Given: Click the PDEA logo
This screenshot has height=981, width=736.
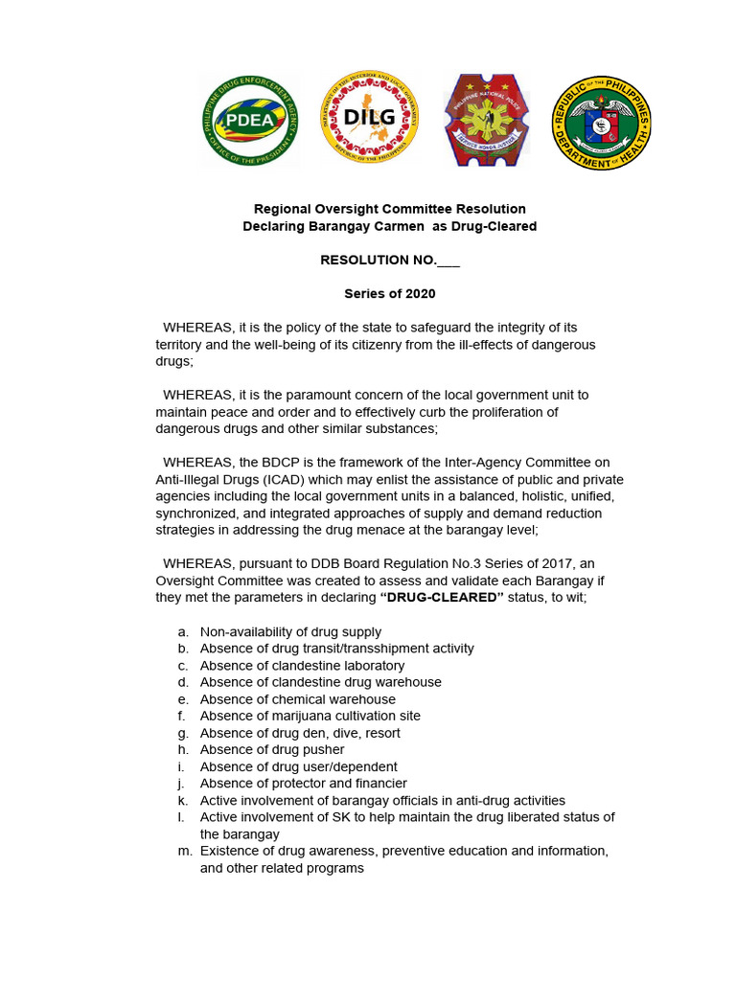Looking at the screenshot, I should point(250,121).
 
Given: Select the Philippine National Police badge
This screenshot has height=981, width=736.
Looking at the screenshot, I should point(486,121).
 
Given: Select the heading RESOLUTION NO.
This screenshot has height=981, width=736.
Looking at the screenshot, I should point(378,261).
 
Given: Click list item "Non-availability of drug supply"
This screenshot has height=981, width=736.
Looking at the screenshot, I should point(290,631).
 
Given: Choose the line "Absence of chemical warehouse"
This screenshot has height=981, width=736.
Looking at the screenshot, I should point(297,699).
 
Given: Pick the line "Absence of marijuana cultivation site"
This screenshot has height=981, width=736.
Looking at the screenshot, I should point(310,716).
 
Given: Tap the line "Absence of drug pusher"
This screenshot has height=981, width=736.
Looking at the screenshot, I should point(272,749).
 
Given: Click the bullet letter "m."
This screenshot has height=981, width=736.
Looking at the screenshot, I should point(183,851).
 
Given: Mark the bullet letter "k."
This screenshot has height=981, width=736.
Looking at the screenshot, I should point(182,800).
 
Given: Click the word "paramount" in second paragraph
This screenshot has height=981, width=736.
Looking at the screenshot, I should point(316,395).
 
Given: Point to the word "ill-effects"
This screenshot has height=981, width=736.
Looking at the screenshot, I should point(487,344).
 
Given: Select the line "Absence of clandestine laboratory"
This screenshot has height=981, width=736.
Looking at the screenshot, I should point(302,665).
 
